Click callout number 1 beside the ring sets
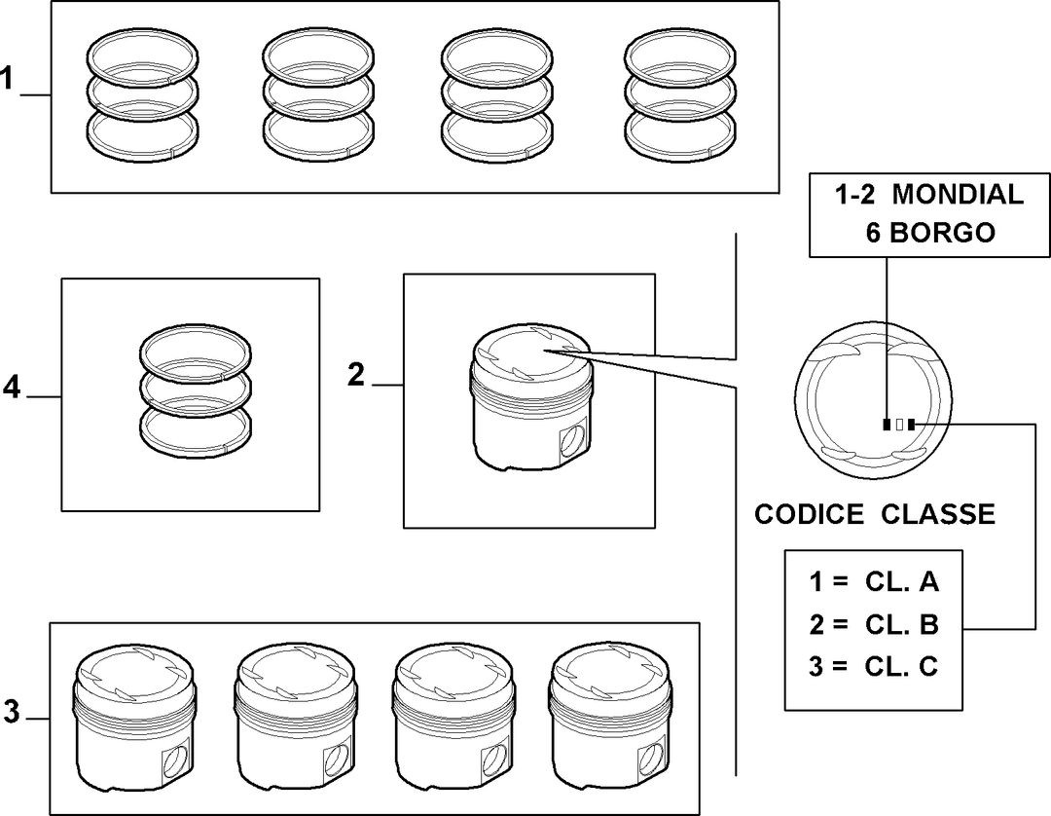[7, 78]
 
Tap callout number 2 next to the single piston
[356, 374]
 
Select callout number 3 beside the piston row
[12, 711]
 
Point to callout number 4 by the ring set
[12, 387]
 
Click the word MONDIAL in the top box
[958, 194]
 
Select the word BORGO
[942, 233]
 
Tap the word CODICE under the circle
[809, 514]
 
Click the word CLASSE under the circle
[938, 514]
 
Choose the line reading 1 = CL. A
[873, 581]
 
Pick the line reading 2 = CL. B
[873, 624]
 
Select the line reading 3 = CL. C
[873, 666]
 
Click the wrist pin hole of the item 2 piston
[573, 440]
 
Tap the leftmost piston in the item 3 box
[134, 718]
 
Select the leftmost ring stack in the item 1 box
[143, 95]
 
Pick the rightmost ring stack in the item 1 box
[679, 95]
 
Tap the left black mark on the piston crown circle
[887, 425]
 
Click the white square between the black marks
[899, 425]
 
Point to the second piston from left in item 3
[296, 718]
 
